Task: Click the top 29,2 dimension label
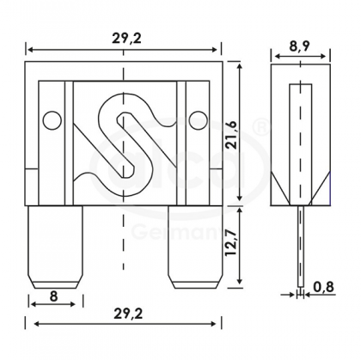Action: tap(126, 37)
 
